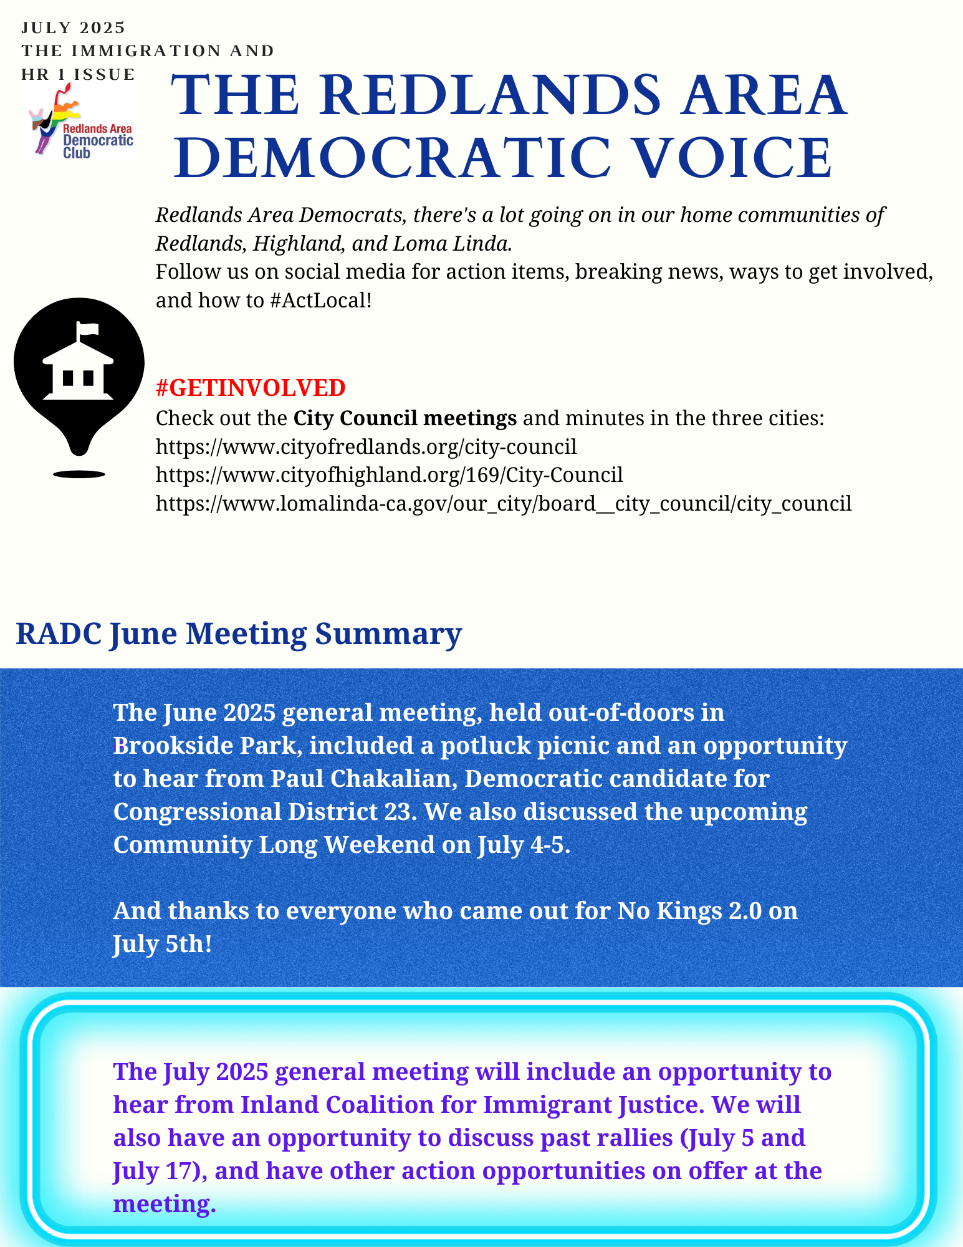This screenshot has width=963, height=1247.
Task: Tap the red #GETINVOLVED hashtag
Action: pos(250,388)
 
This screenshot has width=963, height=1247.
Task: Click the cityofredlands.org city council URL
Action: pos(366,446)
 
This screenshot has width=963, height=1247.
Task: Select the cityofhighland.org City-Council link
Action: pos(389,474)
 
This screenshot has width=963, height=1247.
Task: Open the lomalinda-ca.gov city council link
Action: pos(503,503)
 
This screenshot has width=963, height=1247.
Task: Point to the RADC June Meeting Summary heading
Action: pos(238,633)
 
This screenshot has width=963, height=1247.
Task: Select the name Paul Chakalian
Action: pos(360,779)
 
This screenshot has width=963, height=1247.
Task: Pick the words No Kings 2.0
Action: pos(689,911)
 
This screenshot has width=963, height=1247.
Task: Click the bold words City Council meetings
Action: pos(405,418)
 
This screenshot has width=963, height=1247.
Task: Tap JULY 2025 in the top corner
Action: pos(74,28)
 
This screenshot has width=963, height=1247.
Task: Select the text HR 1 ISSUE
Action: pos(78,75)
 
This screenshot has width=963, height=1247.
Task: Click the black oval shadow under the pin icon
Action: pos(79,474)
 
